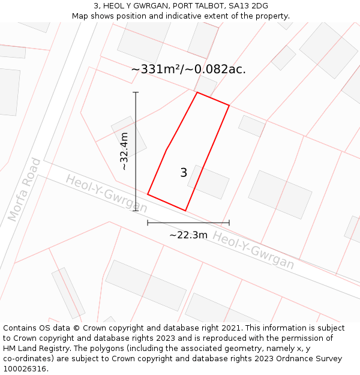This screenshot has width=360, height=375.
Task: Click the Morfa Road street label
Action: tap(25, 190)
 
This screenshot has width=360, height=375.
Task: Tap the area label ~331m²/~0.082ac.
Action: tap(188, 69)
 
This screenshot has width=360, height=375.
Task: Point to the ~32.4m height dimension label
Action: tap(124, 151)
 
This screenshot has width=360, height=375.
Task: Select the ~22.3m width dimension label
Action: tap(188, 235)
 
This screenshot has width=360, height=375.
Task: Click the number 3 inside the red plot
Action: tap(184, 173)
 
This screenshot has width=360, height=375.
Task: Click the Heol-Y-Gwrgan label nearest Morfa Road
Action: tap(106, 193)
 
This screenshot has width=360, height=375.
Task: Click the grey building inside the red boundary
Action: tap(208, 182)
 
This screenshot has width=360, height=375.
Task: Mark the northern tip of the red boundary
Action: tap(197, 92)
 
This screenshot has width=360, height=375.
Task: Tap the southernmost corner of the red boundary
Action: tap(185, 211)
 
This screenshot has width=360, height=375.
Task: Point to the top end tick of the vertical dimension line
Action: tap(136, 92)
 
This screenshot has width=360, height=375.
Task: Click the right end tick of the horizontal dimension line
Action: tap(229, 223)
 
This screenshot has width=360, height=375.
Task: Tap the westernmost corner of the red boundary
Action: tap(148, 194)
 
